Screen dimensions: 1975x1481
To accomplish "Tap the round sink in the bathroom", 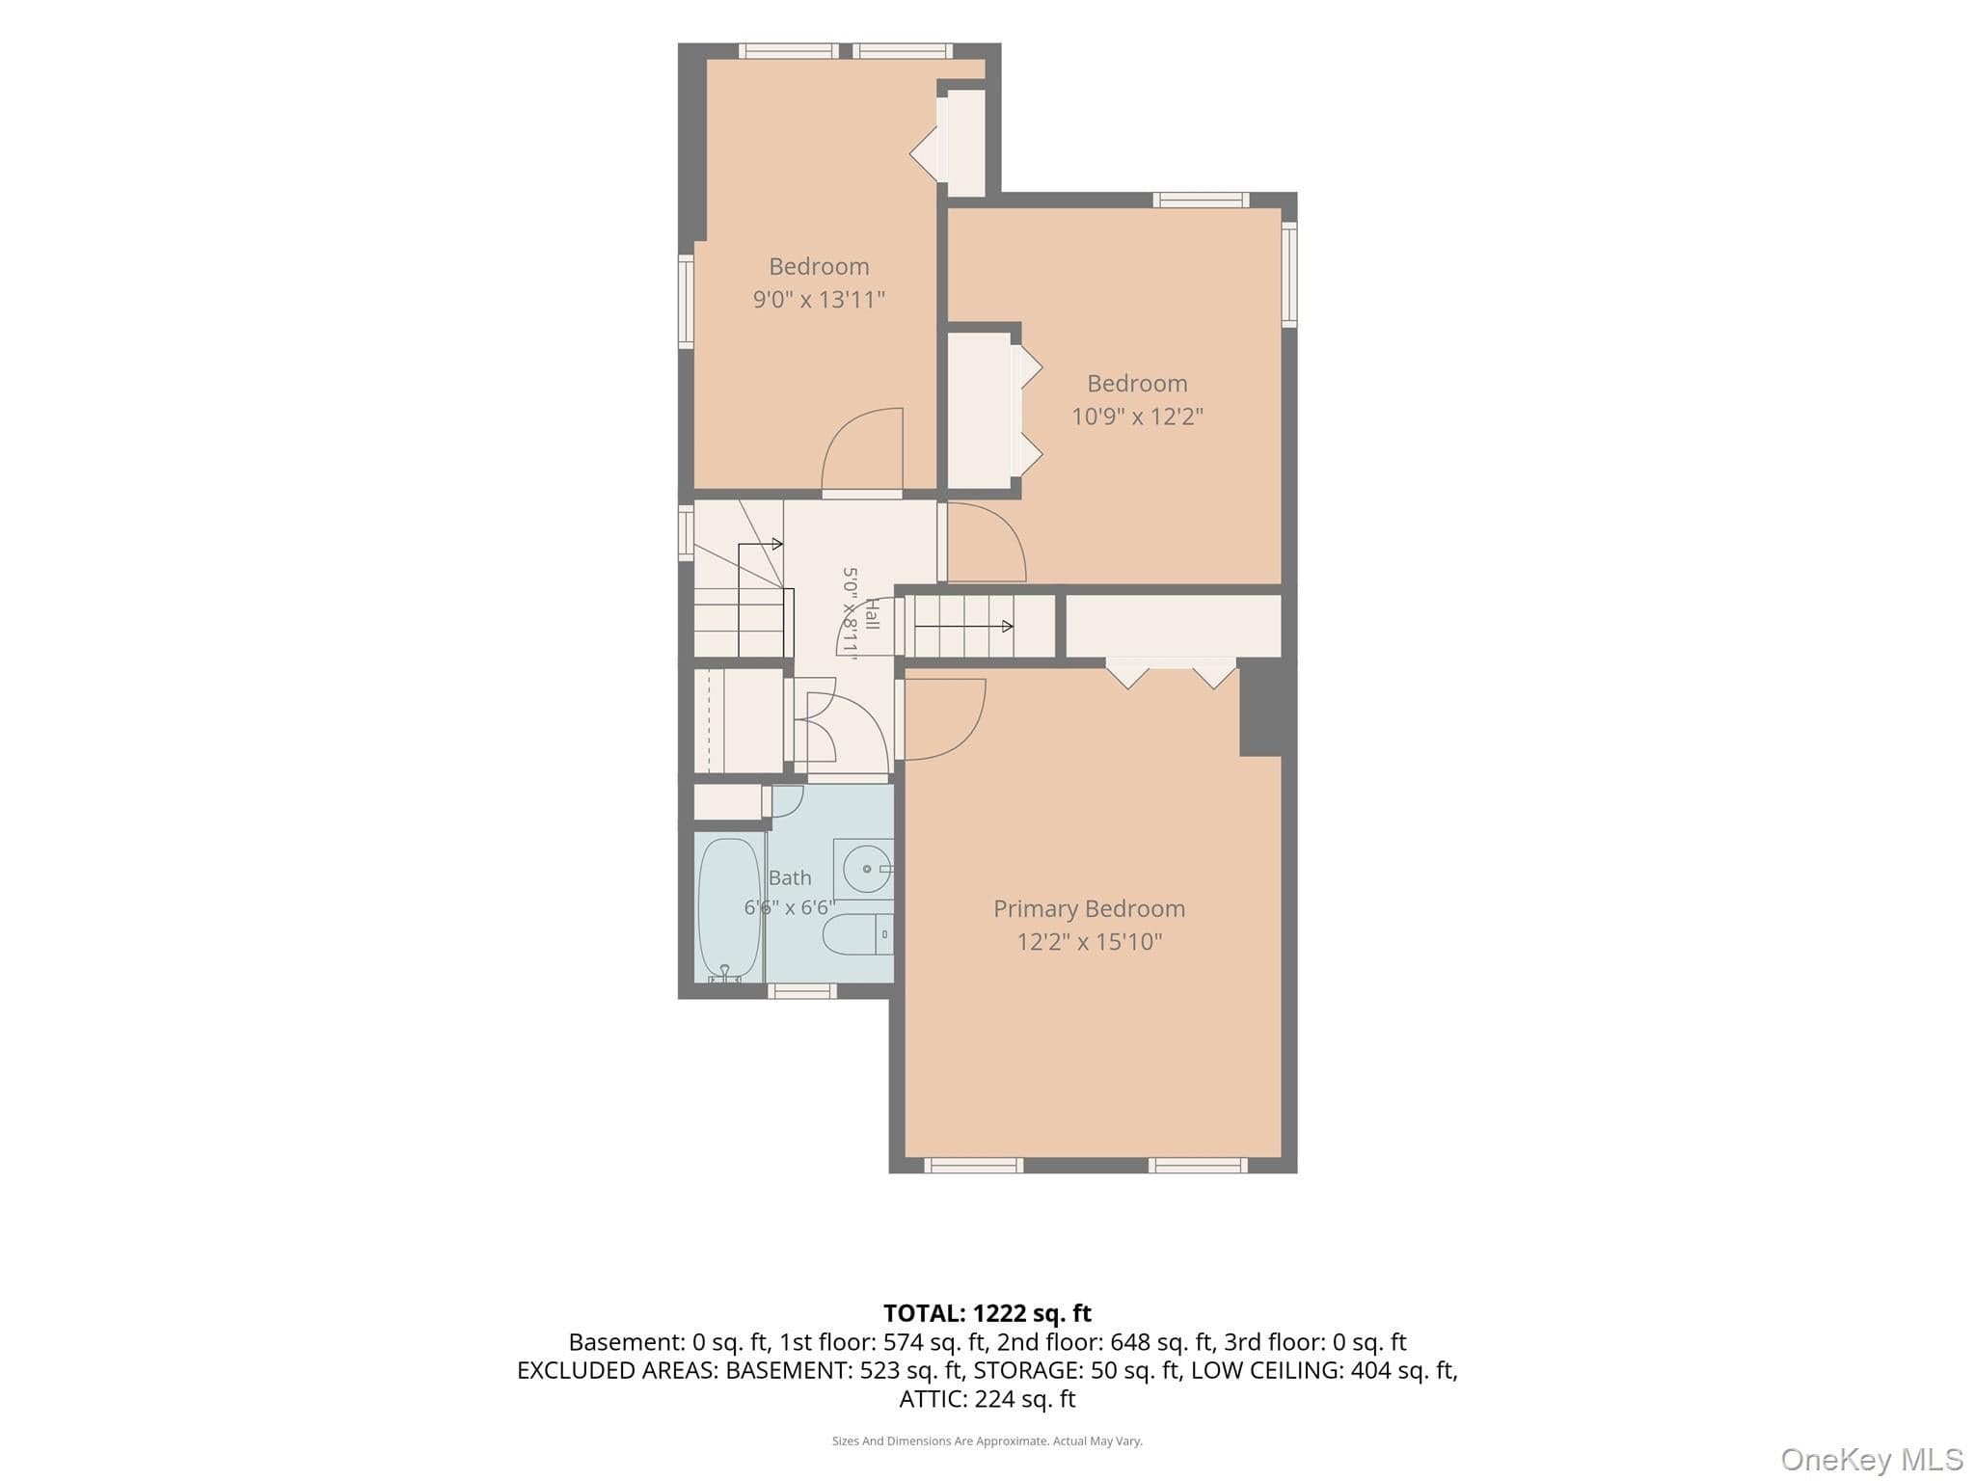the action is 865,869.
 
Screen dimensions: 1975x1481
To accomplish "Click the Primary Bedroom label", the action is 1089,908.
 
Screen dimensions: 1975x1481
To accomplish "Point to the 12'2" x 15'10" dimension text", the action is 1089,941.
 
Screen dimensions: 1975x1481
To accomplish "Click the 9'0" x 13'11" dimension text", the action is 819,299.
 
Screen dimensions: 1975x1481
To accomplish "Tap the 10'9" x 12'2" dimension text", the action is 1137,416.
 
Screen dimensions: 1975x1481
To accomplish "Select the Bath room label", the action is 790,877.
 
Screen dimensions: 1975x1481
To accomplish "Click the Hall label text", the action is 872,613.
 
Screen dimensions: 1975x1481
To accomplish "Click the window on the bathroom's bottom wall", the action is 801,990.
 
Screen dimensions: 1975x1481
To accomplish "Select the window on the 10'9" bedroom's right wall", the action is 1289,275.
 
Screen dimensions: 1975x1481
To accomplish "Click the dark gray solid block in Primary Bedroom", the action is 1260,708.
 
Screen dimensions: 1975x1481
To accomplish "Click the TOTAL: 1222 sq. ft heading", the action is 987,1313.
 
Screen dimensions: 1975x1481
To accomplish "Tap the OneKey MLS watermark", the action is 1872,1460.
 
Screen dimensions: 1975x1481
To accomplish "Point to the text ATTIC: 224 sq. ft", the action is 987,1399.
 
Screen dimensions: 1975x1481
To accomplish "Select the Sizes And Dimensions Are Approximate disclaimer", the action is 987,1441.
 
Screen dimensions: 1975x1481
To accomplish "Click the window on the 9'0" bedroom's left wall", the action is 686,301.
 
